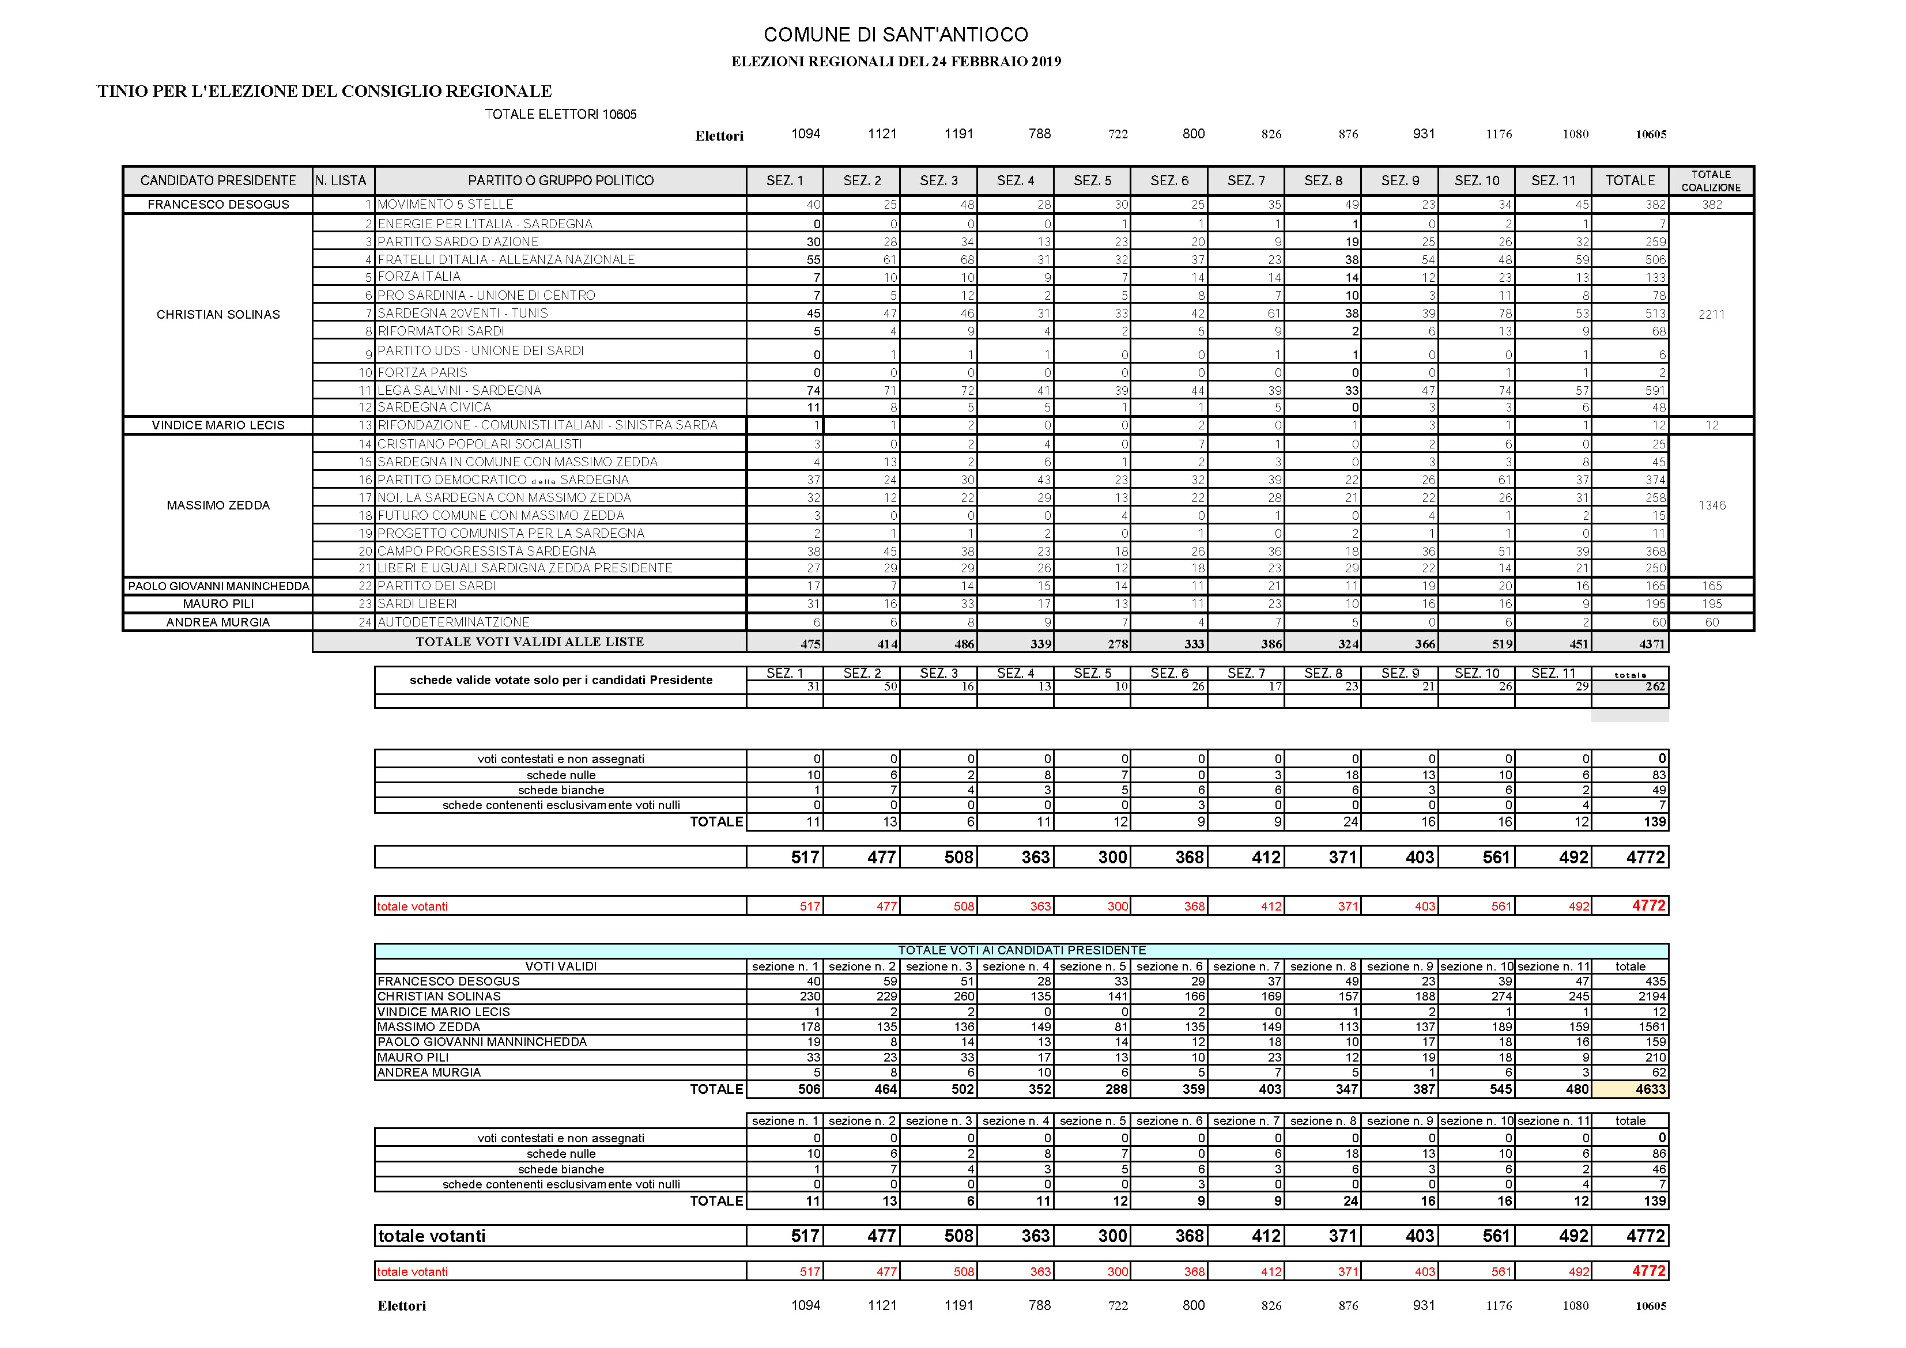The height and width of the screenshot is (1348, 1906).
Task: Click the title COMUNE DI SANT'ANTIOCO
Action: [x=895, y=35]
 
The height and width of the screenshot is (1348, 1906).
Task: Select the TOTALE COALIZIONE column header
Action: [x=1711, y=181]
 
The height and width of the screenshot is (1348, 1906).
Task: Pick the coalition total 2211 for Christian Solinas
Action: [x=1711, y=315]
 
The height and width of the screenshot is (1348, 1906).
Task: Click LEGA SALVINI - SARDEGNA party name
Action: [x=459, y=391]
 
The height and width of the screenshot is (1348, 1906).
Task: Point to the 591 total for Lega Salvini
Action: [x=1655, y=391]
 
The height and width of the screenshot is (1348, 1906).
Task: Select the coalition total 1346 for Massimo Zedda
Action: [x=1711, y=505]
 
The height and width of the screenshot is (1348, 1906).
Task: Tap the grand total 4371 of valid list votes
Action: [x=1651, y=644]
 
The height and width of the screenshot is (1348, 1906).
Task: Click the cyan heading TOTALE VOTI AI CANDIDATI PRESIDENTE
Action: [x=1021, y=950]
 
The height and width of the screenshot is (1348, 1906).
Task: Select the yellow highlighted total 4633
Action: [x=1650, y=1089]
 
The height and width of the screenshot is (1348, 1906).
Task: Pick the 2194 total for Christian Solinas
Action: [x=1651, y=996]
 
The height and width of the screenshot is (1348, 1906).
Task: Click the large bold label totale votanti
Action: [x=432, y=1236]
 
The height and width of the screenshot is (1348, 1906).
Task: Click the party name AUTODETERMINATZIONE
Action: [x=453, y=622]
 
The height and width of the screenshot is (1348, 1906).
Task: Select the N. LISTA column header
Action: [x=341, y=181]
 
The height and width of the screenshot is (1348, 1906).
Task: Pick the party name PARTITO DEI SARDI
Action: [x=437, y=586]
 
